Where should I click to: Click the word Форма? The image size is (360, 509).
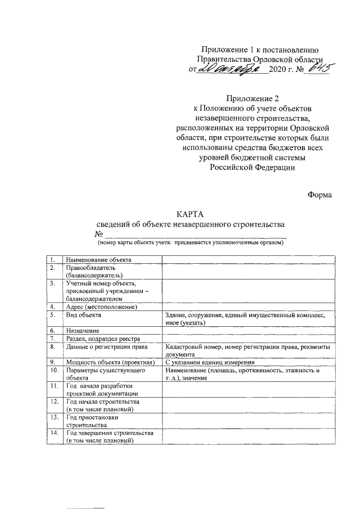[x=319, y=195]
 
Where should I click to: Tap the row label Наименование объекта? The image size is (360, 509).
[x=98, y=260]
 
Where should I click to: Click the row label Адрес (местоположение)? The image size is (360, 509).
[x=102, y=307]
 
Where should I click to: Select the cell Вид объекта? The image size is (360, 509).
[x=84, y=316]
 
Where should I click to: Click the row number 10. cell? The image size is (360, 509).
[x=53, y=371]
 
